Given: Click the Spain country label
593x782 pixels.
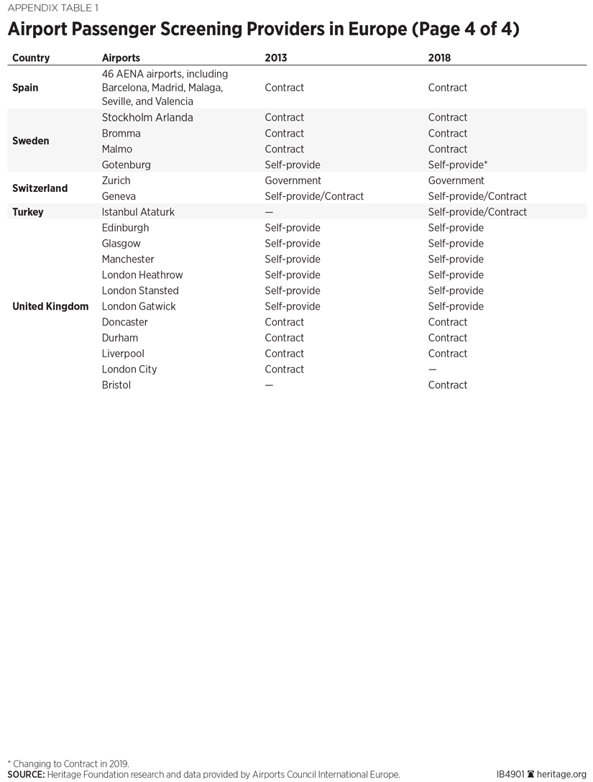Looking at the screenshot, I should (x=25, y=88).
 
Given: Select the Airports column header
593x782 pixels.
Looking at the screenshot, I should (x=121, y=57).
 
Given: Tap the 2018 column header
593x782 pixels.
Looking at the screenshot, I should (x=439, y=57).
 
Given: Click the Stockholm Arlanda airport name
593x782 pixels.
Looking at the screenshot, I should (x=147, y=117).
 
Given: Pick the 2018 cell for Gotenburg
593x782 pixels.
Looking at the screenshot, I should (x=458, y=165).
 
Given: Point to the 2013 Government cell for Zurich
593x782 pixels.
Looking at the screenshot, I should (x=293, y=180).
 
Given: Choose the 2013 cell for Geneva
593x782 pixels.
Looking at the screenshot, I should (x=314, y=196).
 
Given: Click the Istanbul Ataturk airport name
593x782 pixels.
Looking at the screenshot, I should (x=138, y=212).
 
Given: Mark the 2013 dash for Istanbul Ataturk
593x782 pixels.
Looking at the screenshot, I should (x=269, y=212).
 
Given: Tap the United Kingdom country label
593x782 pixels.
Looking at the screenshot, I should (x=50, y=306).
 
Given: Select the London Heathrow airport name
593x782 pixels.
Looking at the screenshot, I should (x=142, y=275).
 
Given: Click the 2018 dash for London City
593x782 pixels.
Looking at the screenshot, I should (x=432, y=369).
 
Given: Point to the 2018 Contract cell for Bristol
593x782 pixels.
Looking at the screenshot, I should (x=447, y=385).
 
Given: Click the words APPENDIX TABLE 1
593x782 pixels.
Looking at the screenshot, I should (x=52, y=9).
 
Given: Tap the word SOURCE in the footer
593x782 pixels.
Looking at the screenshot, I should (x=26, y=775).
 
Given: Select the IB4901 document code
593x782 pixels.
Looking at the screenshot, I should (x=510, y=775).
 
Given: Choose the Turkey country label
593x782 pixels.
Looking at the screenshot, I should (x=28, y=212).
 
